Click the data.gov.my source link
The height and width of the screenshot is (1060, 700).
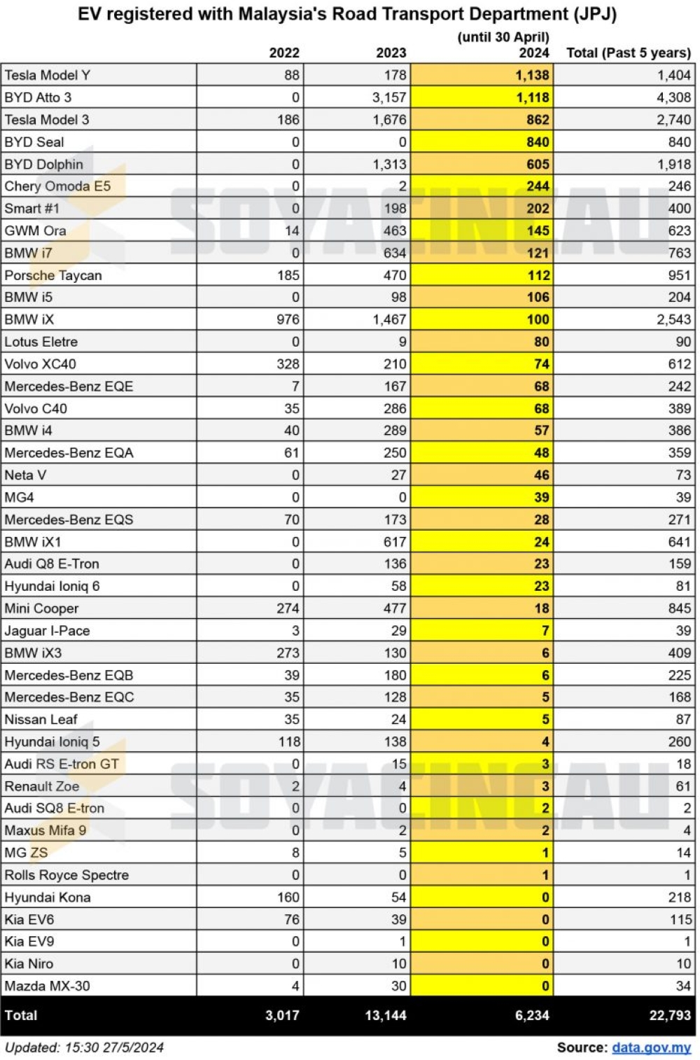coord(651,1047)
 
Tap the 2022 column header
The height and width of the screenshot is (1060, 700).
coord(284,53)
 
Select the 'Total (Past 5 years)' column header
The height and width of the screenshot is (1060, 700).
coord(628,53)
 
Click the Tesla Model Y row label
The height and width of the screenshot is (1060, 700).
coord(47,76)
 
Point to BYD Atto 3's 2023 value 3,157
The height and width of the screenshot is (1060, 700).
coord(388,97)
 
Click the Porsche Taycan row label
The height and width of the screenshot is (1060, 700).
coord(53,275)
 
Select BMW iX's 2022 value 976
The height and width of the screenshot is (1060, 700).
coord(288,319)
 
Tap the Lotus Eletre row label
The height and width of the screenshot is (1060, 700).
coord(41,342)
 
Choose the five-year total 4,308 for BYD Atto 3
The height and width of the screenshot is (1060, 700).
coord(673,97)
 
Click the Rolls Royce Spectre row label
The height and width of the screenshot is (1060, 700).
coord(66,875)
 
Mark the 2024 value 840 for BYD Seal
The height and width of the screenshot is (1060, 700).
coord(538,142)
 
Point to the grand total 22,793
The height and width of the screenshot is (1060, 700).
coord(670,1015)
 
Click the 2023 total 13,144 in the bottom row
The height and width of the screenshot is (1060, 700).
coord(386,1015)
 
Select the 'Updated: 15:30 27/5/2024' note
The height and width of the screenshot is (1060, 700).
coord(84,1047)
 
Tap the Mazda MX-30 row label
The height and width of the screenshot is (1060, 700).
coord(47,986)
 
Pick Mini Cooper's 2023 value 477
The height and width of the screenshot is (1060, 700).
coord(395,608)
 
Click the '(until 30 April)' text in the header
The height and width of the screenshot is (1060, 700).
coord(503,37)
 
